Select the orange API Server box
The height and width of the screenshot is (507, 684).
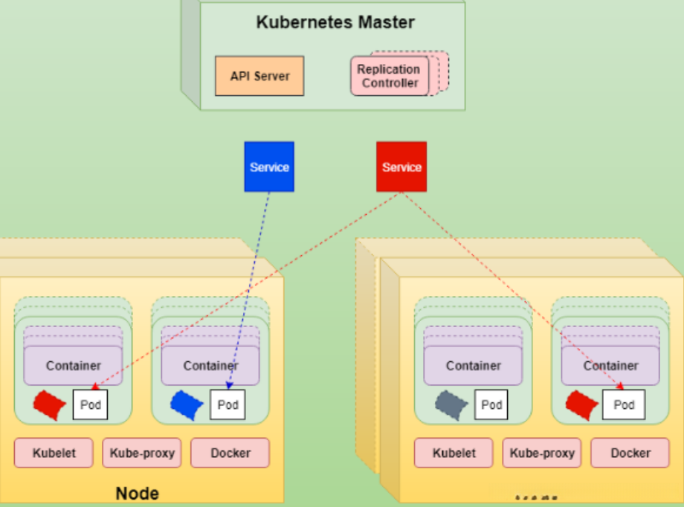[259, 76]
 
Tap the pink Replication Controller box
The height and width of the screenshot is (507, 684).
[390, 76]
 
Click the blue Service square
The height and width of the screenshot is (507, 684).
[269, 167]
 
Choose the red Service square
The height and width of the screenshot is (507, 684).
[401, 167]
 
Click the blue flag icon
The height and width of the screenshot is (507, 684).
[187, 404]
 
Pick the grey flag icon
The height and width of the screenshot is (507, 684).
[451, 404]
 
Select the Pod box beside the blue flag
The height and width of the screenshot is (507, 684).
[228, 405]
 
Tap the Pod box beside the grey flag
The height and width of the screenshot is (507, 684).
[491, 405]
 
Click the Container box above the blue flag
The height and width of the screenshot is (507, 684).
[210, 366]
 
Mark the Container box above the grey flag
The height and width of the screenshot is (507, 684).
[473, 366]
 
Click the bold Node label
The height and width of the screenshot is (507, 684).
[137, 493]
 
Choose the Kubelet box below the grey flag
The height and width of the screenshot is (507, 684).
[454, 453]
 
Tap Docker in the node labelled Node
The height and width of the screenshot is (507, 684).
[230, 453]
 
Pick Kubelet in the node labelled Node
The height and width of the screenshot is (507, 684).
[54, 453]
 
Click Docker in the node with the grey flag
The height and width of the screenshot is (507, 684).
[630, 453]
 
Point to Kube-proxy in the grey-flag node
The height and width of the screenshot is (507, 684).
[542, 453]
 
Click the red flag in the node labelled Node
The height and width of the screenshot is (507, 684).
[49, 404]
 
